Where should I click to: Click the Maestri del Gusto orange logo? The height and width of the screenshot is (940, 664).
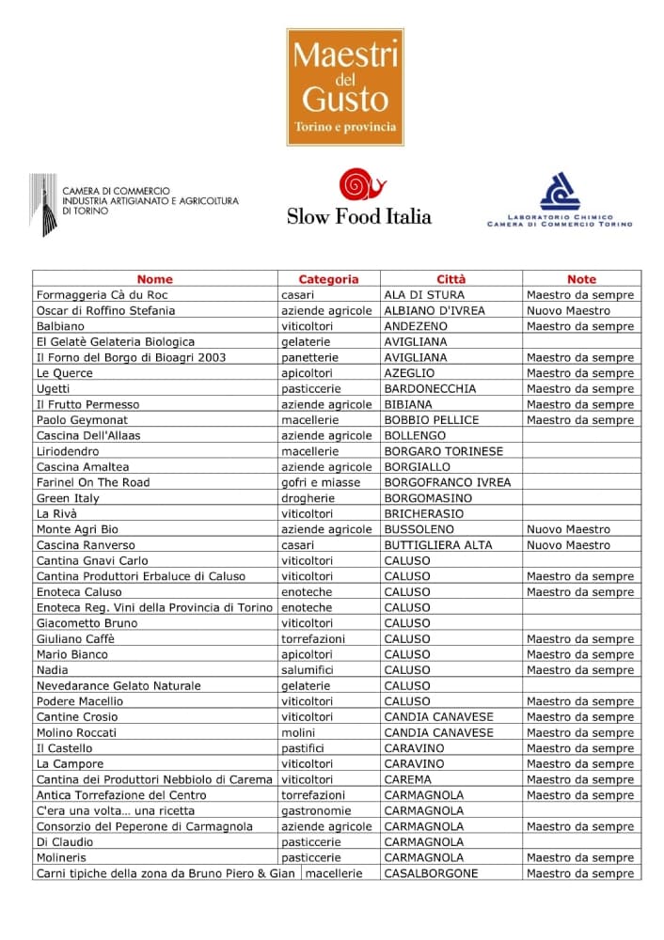345,86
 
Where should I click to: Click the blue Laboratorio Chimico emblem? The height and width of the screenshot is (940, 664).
560,192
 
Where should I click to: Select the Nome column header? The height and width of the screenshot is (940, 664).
155,279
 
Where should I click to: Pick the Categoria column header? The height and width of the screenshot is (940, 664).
328,279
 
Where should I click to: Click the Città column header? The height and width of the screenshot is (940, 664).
451,279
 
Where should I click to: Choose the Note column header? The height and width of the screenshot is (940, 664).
581,279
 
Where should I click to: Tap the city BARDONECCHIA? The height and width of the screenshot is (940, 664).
430,388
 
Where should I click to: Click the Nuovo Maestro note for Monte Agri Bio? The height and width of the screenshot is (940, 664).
568,529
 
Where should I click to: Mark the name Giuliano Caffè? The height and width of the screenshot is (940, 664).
75,639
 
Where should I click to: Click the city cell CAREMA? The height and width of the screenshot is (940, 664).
408,779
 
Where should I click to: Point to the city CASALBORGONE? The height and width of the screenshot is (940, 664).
431,873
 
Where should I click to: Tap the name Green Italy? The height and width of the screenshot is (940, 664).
68,498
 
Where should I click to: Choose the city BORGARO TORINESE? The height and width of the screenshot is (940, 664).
444,451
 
